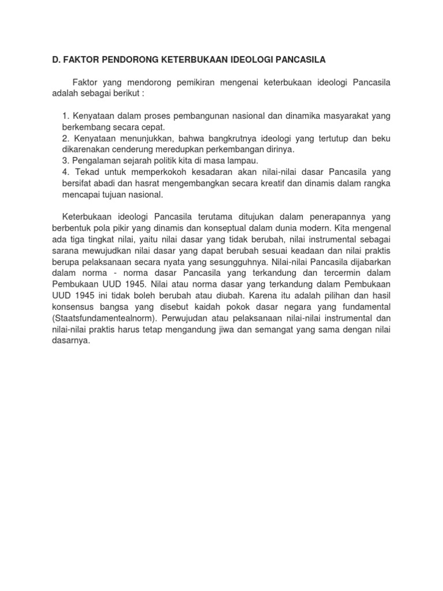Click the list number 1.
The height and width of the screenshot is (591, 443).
[65, 116]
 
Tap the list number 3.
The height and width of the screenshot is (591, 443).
[65, 160]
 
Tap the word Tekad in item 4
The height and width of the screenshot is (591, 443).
[87, 171]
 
